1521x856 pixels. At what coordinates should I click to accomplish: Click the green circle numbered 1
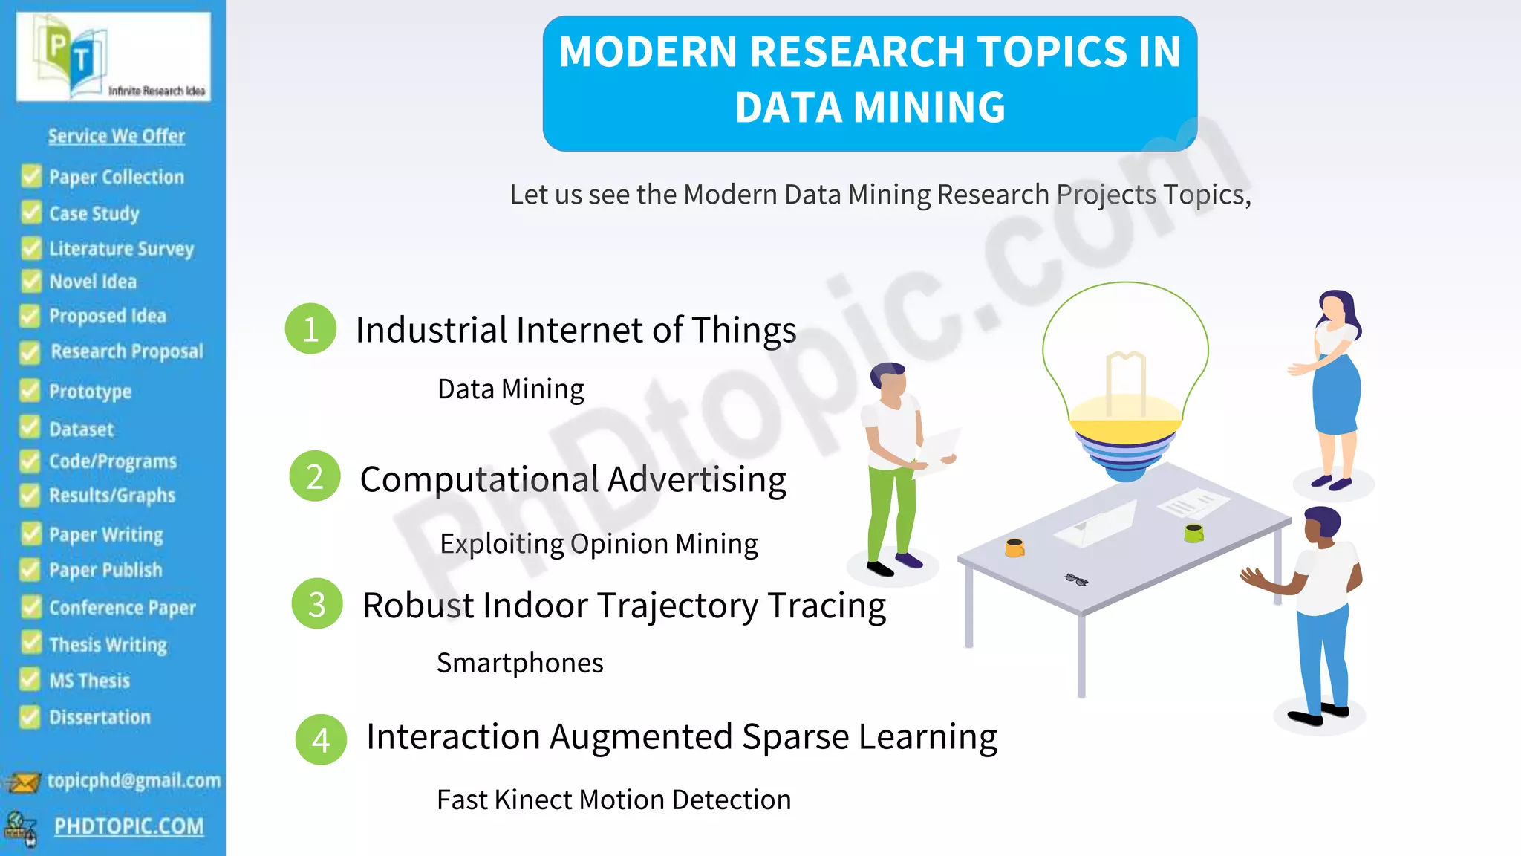pyautogui.click(x=310, y=328)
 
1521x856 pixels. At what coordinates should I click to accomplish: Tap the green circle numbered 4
pyautogui.click(x=321, y=739)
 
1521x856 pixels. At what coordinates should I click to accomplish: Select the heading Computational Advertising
pyautogui.click(x=573, y=479)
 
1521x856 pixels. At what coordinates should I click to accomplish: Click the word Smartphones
pyautogui.click(x=520, y=662)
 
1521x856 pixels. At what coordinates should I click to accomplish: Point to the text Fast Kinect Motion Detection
pyautogui.click(x=613, y=800)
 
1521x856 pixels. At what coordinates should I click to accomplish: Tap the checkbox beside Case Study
pyautogui.click(x=31, y=213)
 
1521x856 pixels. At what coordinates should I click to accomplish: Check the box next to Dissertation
pyautogui.click(x=30, y=716)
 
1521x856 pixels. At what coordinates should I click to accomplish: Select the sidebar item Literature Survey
pyautogui.click(x=121, y=248)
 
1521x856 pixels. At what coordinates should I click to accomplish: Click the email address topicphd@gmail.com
pyautogui.click(x=134, y=780)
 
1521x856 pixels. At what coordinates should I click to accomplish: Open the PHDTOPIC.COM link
pyautogui.click(x=128, y=826)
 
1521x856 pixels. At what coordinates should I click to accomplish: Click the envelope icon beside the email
pyautogui.click(x=22, y=782)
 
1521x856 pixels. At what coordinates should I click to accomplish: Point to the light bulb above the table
pyautogui.click(x=1125, y=379)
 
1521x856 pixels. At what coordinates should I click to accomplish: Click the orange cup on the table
pyautogui.click(x=1014, y=548)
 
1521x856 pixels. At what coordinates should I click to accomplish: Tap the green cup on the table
pyautogui.click(x=1193, y=532)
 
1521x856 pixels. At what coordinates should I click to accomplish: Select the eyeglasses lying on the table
pyautogui.click(x=1075, y=580)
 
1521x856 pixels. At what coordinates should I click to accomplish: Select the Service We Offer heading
pyautogui.click(x=117, y=136)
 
